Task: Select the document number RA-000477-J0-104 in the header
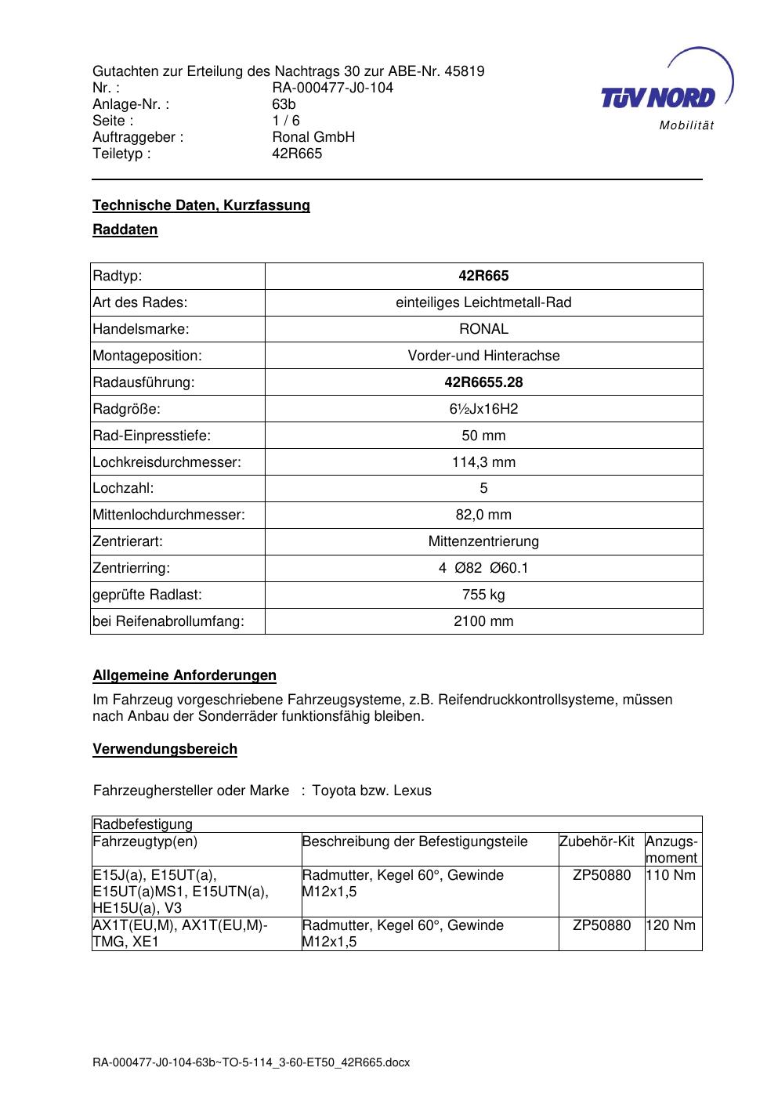click(x=332, y=88)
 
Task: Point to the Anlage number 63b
click(x=284, y=104)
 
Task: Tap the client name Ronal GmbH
click(x=313, y=137)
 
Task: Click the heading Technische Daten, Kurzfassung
click(x=201, y=205)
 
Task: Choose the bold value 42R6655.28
click(x=483, y=382)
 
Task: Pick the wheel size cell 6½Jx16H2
click(x=483, y=409)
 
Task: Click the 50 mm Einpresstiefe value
click(x=483, y=436)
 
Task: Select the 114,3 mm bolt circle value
click(x=483, y=462)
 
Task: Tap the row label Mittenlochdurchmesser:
click(x=169, y=515)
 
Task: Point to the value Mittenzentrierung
click(x=483, y=541)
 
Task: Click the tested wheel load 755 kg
click(x=483, y=595)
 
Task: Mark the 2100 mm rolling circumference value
click(x=483, y=621)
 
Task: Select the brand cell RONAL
click(x=483, y=329)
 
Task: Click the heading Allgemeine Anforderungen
click(x=185, y=675)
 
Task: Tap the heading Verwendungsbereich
click(x=165, y=749)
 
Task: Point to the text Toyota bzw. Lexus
click(x=371, y=791)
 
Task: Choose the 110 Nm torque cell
click(x=671, y=875)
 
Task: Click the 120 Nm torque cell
click(x=671, y=925)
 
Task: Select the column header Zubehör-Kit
click(x=597, y=841)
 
